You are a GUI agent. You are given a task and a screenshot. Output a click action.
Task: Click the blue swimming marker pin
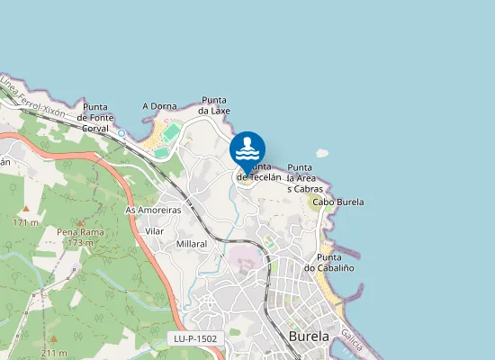(x=247, y=149)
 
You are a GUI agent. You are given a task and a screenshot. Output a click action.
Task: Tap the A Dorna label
(x=159, y=106)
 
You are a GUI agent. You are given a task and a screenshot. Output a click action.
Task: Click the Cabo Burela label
(x=337, y=202)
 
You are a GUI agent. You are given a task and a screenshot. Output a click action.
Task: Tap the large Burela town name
(x=310, y=337)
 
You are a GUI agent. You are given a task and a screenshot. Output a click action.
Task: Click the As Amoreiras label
(x=153, y=210)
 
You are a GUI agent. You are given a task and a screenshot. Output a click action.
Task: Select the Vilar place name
(x=154, y=231)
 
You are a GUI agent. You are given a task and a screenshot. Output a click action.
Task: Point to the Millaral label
(x=192, y=244)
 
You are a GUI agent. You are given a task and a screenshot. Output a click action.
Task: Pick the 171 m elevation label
(x=26, y=222)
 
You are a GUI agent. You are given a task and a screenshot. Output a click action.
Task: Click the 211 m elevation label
(x=54, y=353)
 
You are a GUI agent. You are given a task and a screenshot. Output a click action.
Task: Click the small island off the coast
(x=321, y=154)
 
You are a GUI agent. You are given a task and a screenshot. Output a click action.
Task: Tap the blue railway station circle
(x=121, y=133)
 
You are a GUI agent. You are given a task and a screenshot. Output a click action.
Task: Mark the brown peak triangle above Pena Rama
(x=79, y=221)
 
